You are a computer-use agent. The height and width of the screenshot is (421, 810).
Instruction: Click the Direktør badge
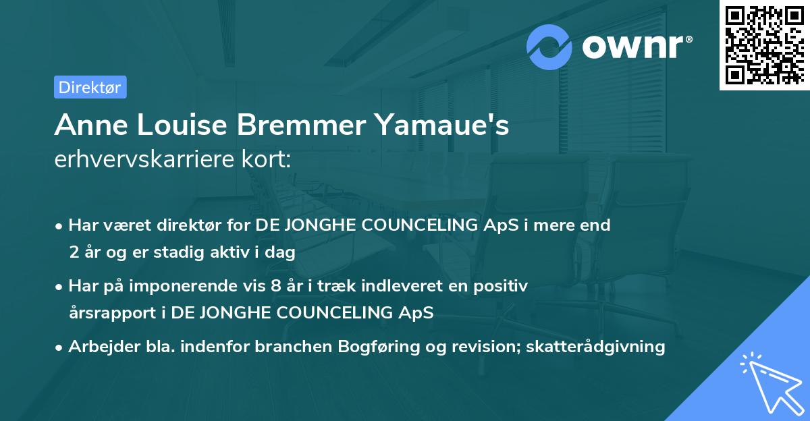(90, 87)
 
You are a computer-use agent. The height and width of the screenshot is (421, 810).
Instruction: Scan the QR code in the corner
(764, 45)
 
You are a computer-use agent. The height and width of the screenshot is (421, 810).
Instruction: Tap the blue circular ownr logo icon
(549, 47)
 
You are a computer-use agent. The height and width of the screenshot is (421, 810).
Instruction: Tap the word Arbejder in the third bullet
(99, 347)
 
